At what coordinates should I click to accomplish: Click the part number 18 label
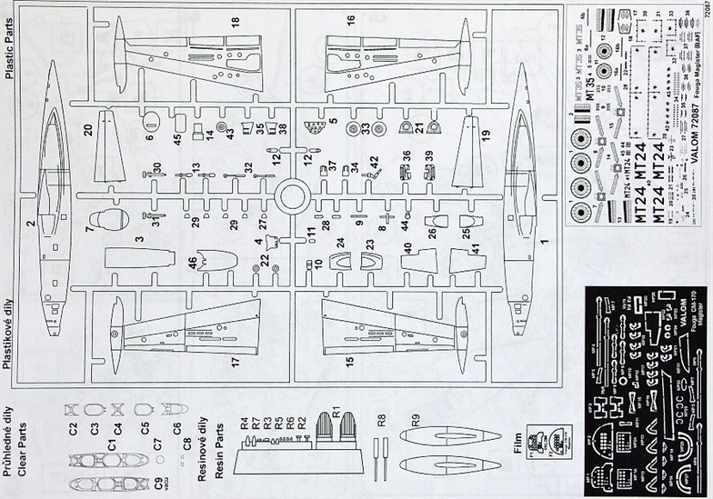click(x=235, y=21)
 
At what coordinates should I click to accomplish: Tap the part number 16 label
click(x=351, y=20)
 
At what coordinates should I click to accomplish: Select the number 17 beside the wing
click(x=236, y=362)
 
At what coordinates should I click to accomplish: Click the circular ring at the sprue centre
click(x=294, y=195)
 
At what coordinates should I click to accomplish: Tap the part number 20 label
click(x=88, y=130)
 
